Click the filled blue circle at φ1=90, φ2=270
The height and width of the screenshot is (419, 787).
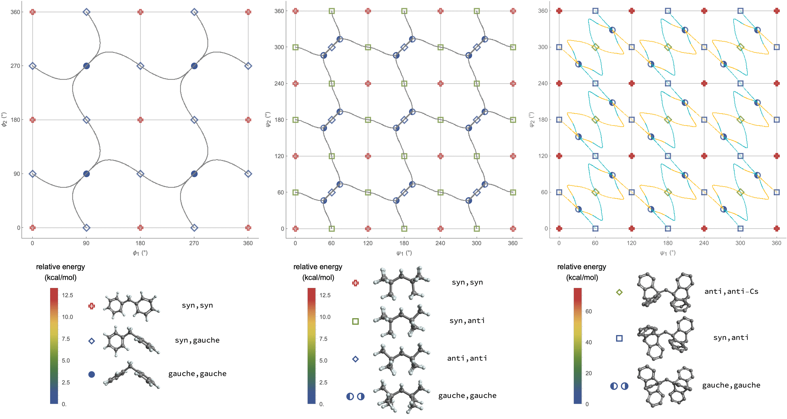point(86,66)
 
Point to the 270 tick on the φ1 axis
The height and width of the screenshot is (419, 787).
point(194,243)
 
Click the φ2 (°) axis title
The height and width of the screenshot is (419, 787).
point(4,120)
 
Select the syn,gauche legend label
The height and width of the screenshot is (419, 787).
point(197,340)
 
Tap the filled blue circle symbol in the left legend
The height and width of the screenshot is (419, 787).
point(91,374)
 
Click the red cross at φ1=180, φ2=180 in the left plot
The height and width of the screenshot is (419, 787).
point(140,120)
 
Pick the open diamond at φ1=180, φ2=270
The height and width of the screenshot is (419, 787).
point(140,66)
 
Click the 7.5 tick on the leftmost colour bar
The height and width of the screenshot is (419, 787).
point(66,339)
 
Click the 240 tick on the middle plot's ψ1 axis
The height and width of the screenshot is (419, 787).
point(440,243)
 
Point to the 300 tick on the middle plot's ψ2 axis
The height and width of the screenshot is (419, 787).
point(279,47)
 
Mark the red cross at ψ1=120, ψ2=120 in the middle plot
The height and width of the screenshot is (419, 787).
point(368,156)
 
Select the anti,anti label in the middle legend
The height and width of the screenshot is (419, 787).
point(467,358)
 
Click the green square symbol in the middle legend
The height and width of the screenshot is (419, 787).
point(355,322)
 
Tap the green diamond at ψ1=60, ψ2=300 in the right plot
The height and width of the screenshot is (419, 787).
point(595,47)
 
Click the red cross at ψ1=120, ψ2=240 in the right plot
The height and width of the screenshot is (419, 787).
point(631,84)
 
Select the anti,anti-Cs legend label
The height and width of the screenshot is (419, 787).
point(731,292)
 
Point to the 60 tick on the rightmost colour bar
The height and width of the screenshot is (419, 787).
point(589,312)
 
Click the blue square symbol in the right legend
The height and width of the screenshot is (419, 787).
point(619,338)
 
